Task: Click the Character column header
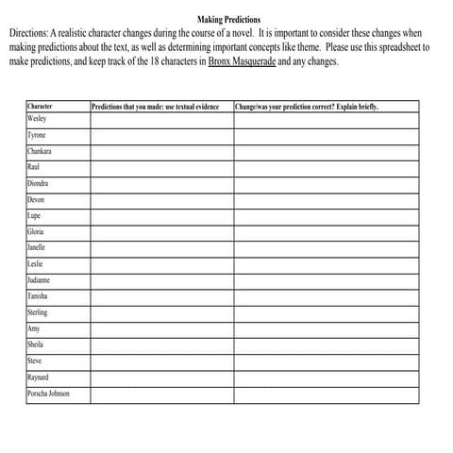pyautogui.click(x=41, y=107)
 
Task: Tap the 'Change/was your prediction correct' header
pyautogui.click(x=306, y=107)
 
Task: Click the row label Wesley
pyautogui.click(x=37, y=120)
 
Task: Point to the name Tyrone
pyautogui.click(x=37, y=136)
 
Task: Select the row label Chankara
pyautogui.click(x=40, y=151)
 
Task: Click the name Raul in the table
pyautogui.click(x=34, y=167)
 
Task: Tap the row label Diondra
pyautogui.click(x=39, y=184)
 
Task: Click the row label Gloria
pyautogui.click(x=36, y=231)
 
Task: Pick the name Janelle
pyautogui.click(x=37, y=247)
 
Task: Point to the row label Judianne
pyautogui.click(x=40, y=280)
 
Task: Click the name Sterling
pyautogui.click(x=38, y=312)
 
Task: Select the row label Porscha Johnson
pyautogui.click(x=48, y=394)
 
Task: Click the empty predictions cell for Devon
pyautogui.click(x=161, y=200)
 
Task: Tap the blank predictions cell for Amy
pyautogui.click(x=161, y=328)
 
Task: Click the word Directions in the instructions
pyautogui.click(x=30, y=32)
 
